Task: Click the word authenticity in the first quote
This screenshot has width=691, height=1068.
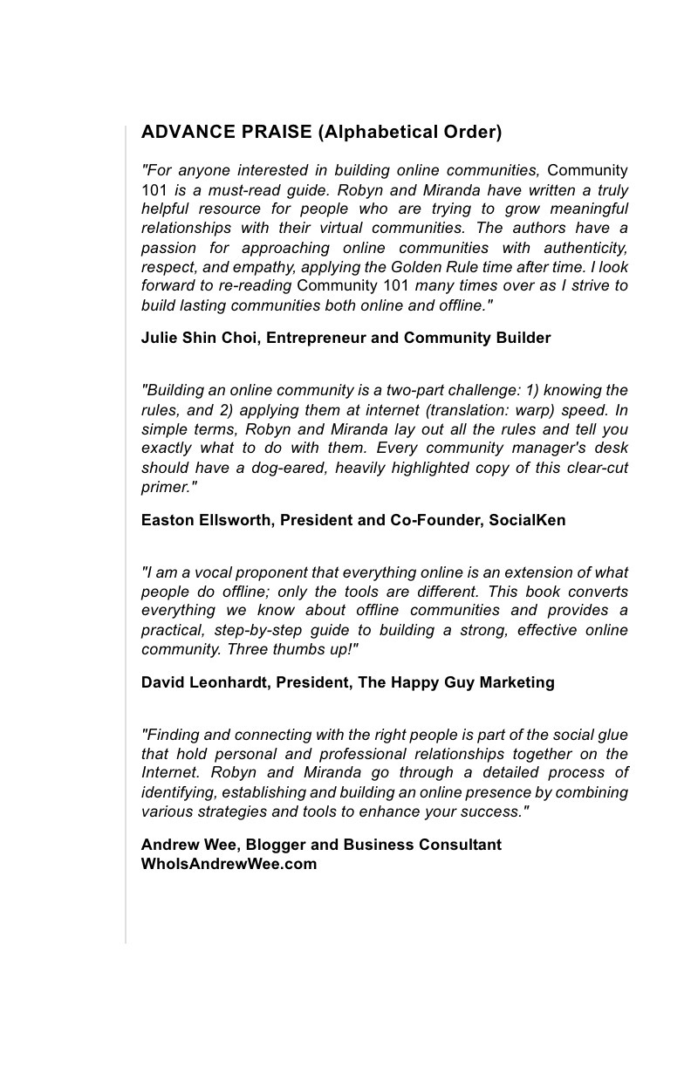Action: tap(584, 248)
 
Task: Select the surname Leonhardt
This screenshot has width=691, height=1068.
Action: tap(228, 682)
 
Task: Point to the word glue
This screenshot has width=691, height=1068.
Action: tap(612, 735)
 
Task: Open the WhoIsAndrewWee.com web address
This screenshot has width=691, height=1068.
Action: tap(229, 864)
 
